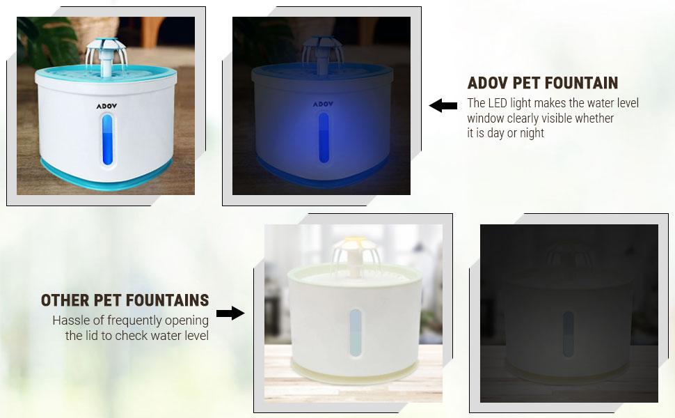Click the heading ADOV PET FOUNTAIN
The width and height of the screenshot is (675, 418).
click(x=542, y=83)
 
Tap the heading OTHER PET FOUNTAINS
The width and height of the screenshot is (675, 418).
click(x=125, y=300)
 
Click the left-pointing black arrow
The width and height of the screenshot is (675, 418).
click(x=443, y=106)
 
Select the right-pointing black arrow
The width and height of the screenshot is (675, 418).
click(x=230, y=313)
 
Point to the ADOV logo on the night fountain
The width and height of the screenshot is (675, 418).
click(x=321, y=104)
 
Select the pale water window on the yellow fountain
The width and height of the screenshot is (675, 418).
click(x=356, y=332)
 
